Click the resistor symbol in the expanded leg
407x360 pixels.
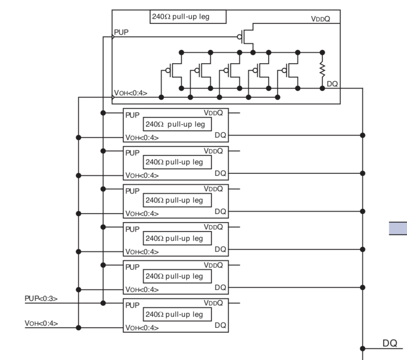(322, 69)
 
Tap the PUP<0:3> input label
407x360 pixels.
(41, 298)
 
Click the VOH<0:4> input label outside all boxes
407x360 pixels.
(41, 323)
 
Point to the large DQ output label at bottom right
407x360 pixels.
(390, 343)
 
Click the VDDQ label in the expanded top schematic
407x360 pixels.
(320, 19)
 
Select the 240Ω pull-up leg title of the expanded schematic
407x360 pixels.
(181, 17)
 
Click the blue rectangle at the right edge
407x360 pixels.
(398, 228)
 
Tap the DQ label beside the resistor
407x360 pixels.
(332, 84)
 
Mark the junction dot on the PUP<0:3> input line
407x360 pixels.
(103, 303)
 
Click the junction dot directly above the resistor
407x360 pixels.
(322, 52)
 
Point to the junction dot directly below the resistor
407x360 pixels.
(322, 88)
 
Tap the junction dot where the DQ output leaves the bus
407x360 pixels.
(363, 348)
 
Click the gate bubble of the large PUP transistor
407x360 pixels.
(239, 37)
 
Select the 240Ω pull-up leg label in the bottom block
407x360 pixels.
(174, 314)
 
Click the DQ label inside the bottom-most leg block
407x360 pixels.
(221, 325)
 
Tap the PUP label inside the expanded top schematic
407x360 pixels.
(121, 32)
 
